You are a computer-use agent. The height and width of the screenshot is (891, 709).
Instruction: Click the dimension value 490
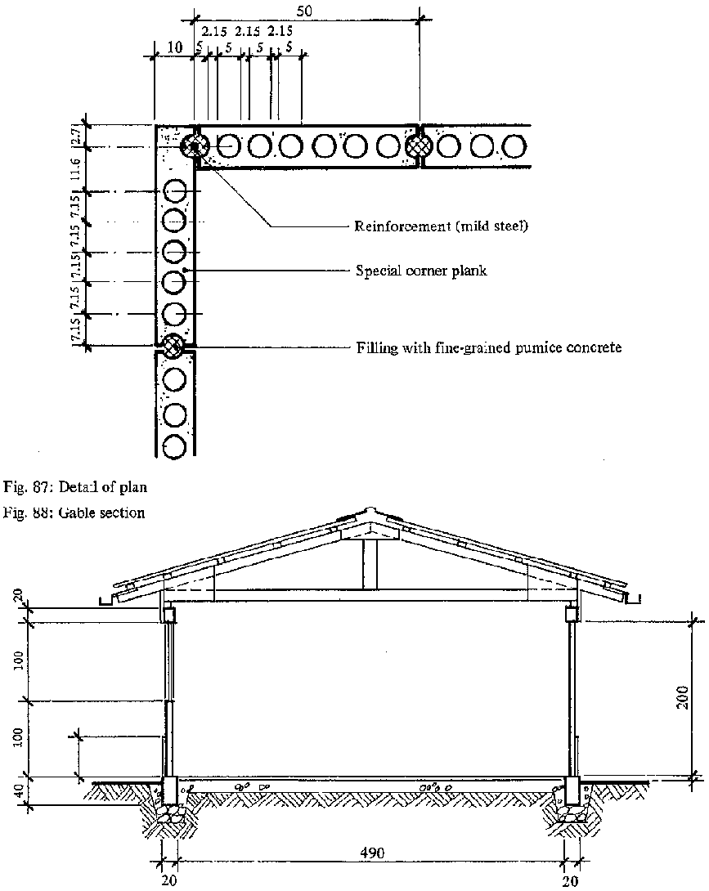[x=373, y=851]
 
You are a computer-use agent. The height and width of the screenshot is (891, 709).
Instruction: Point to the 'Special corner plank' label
[x=420, y=270]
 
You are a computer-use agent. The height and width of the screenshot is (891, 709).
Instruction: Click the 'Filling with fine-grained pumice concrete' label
[x=489, y=347]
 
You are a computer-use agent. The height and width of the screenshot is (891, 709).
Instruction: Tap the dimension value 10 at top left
[x=173, y=48]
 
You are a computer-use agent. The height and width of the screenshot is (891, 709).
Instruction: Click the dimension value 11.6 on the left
[x=74, y=169]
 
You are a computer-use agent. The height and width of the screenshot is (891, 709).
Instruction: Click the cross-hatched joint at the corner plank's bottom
[x=173, y=346]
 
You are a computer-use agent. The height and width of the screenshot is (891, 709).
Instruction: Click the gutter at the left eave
[x=106, y=602]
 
